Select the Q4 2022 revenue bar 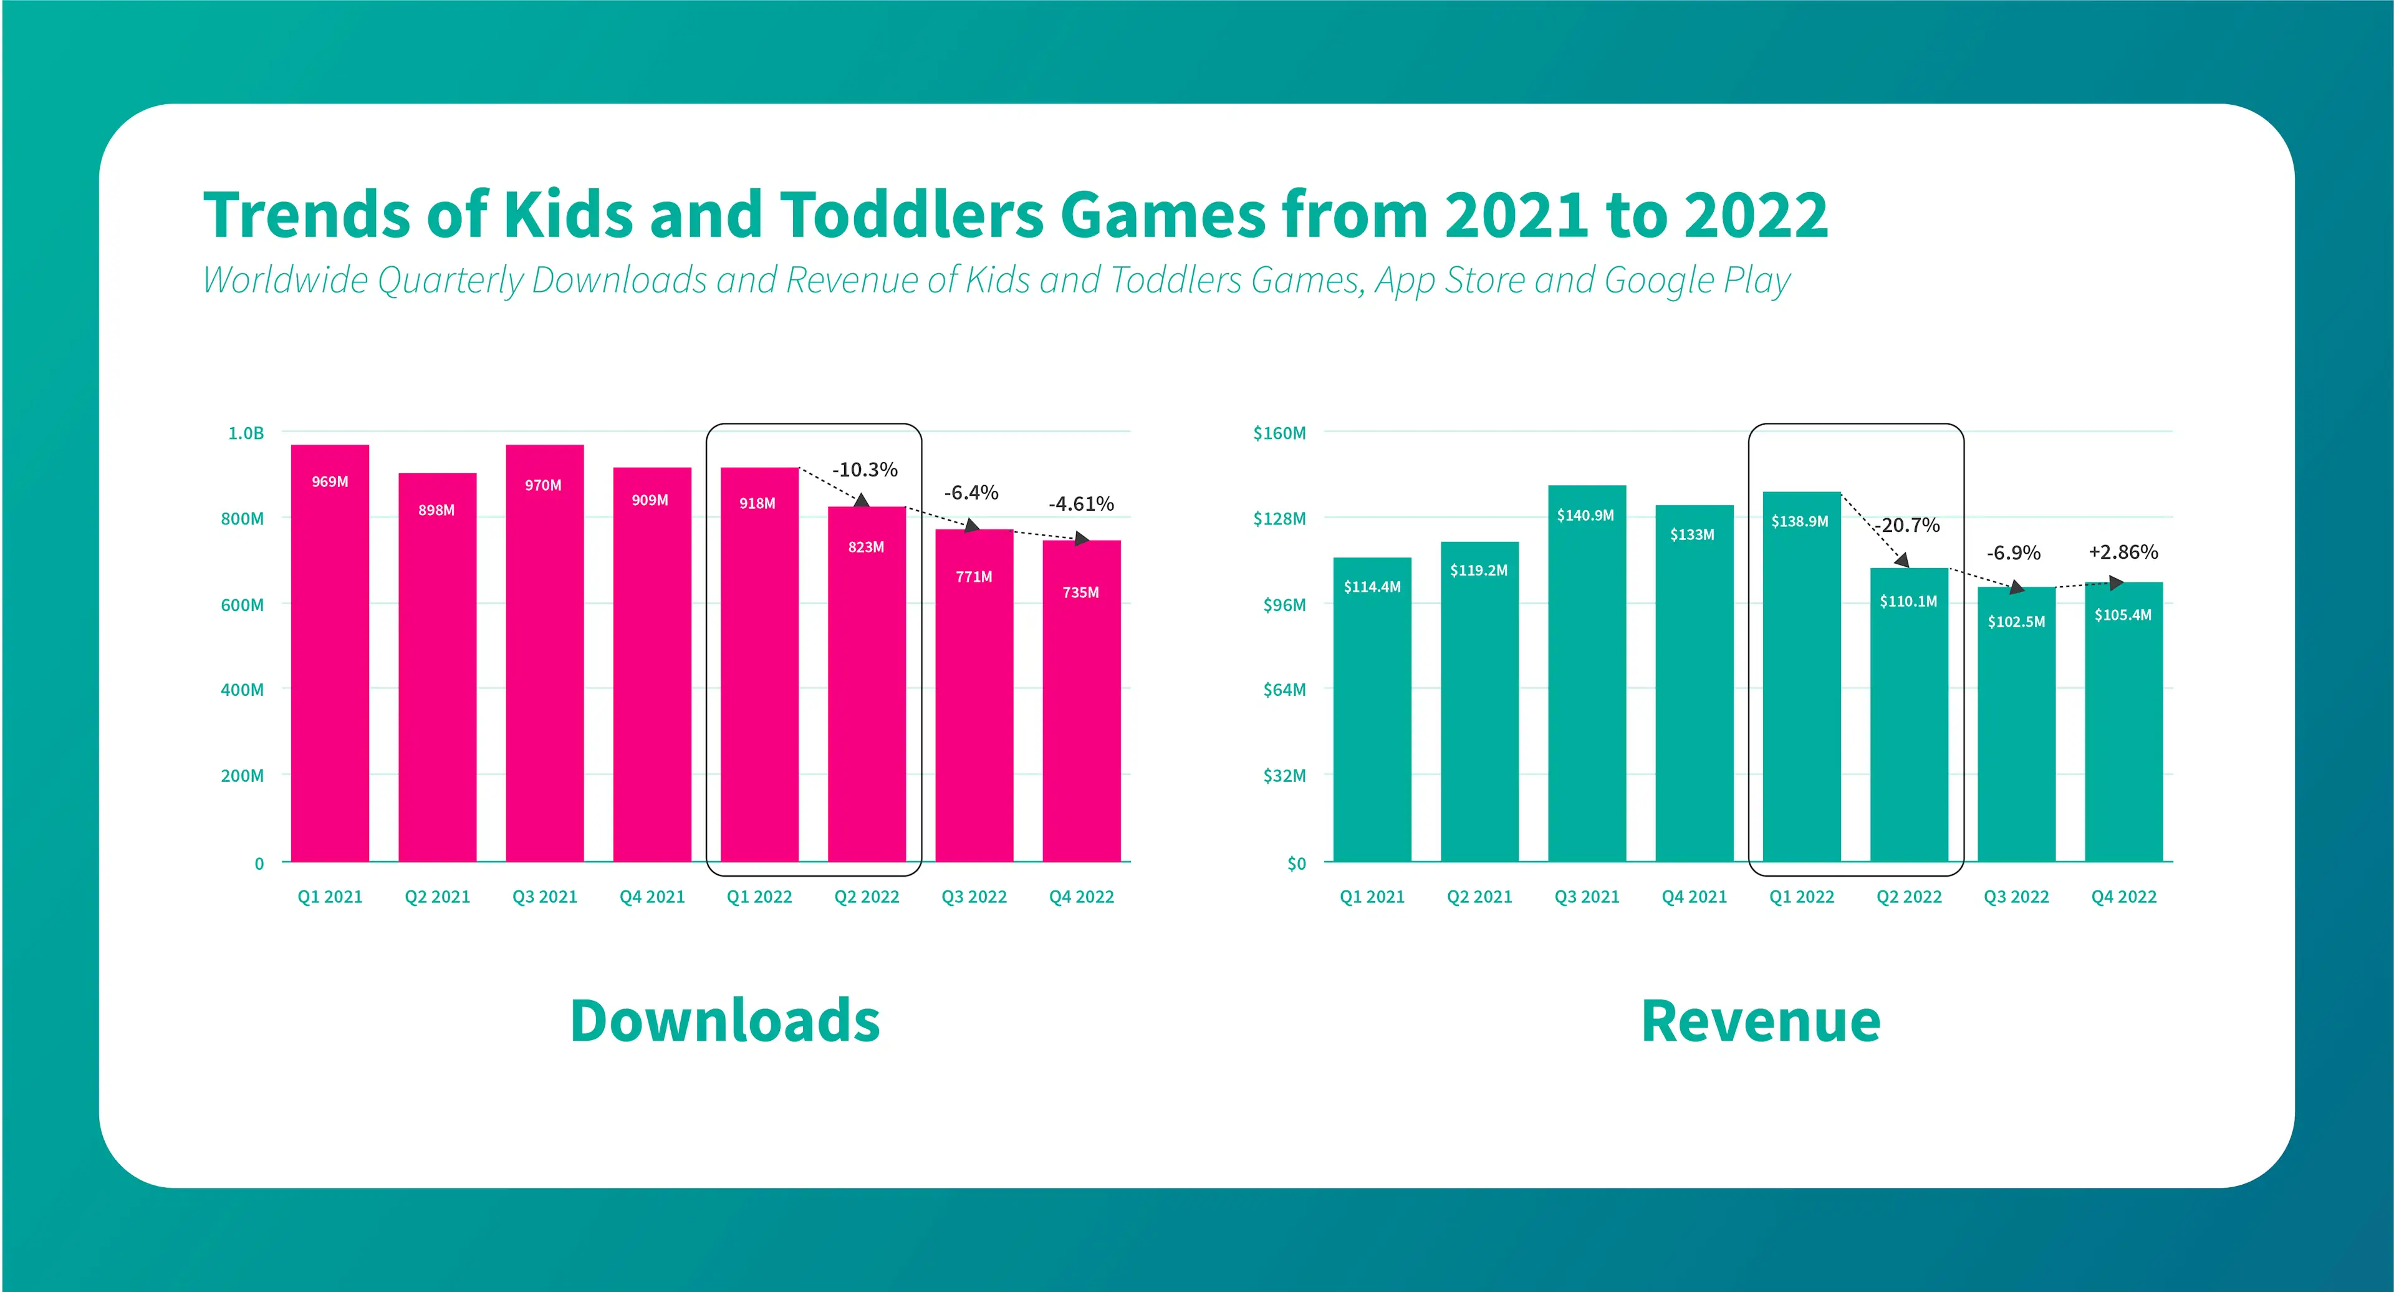pos(2123,721)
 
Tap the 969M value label pos(330,481)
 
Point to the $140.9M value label pos(1585,515)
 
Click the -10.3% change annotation pos(864,470)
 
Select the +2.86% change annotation pos(2123,552)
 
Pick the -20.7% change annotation pos(1907,525)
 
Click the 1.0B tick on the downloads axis pos(246,433)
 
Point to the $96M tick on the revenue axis pos(1284,604)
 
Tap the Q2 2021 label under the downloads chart pos(438,897)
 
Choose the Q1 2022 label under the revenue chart pos(1802,897)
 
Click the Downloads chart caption pos(725,1021)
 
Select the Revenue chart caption pos(1761,1021)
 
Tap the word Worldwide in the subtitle pos(286,280)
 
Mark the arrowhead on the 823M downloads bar pos(862,500)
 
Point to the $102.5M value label pos(2016,622)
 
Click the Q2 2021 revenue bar pos(1479,701)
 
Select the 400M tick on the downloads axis pos(242,690)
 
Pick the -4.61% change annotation pos(1081,504)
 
